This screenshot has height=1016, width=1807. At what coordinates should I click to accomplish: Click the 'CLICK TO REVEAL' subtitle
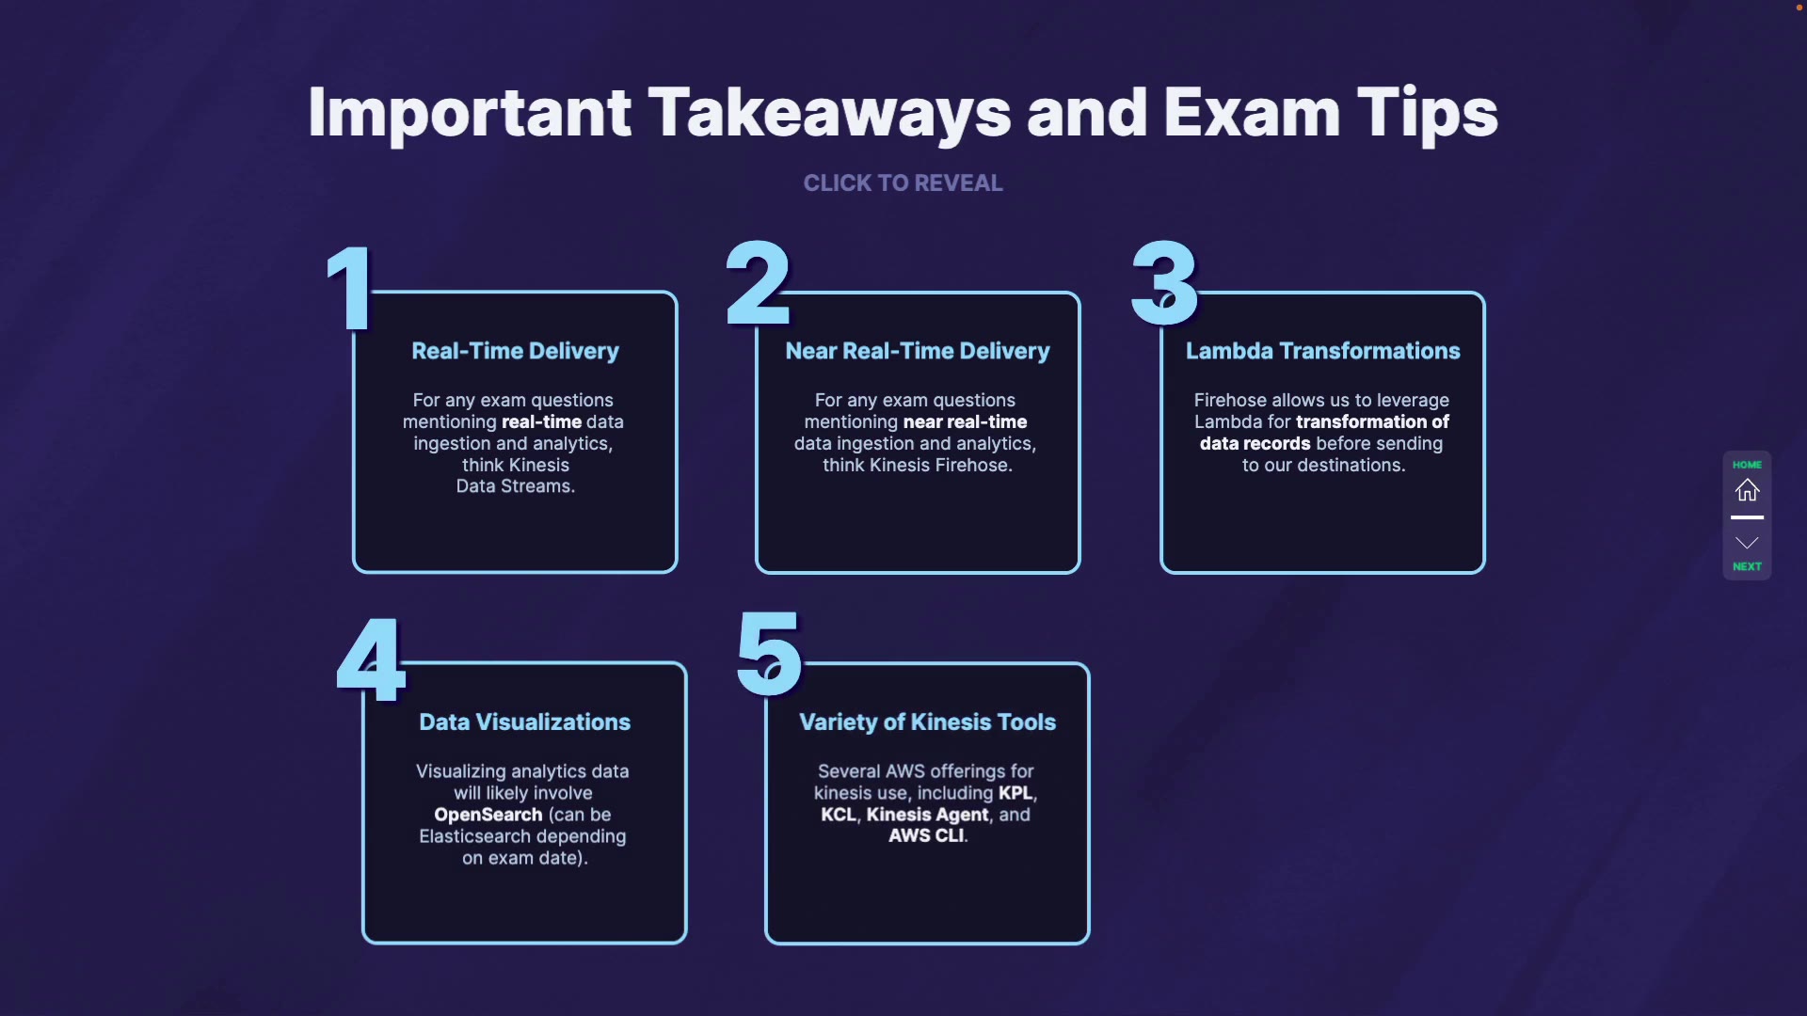[x=903, y=183]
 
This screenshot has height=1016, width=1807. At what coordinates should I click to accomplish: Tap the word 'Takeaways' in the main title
[x=828, y=113]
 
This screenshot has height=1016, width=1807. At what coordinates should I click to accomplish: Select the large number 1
[x=351, y=287]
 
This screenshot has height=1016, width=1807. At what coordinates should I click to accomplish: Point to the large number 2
[x=758, y=282]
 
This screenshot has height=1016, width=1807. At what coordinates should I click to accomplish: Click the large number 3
[x=1164, y=282]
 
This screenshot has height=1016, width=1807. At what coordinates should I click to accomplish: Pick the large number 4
[x=371, y=660]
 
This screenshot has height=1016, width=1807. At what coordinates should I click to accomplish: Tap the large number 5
[x=769, y=654]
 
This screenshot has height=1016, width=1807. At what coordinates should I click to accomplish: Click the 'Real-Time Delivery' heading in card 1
[x=515, y=351]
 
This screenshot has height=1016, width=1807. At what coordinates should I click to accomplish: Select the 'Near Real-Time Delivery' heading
[x=918, y=351]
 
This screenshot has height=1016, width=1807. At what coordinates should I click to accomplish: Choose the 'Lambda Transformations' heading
[x=1322, y=351]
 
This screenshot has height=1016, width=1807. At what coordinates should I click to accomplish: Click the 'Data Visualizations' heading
[x=524, y=722]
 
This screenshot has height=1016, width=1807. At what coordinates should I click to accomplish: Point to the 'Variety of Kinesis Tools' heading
[x=927, y=722]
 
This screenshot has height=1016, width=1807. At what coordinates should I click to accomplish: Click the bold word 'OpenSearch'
[x=488, y=815]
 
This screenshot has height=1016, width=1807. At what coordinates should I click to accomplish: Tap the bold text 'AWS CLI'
[x=926, y=835]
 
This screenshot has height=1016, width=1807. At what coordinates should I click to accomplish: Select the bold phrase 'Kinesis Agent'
[x=927, y=815]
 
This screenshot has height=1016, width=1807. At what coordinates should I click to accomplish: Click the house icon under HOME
[x=1747, y=490]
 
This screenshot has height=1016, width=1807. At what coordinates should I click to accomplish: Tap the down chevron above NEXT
[x=1747, y=543]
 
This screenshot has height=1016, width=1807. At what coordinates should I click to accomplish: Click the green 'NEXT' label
[x=1747, y=566]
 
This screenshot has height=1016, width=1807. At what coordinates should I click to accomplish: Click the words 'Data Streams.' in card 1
[x=515, y=486]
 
